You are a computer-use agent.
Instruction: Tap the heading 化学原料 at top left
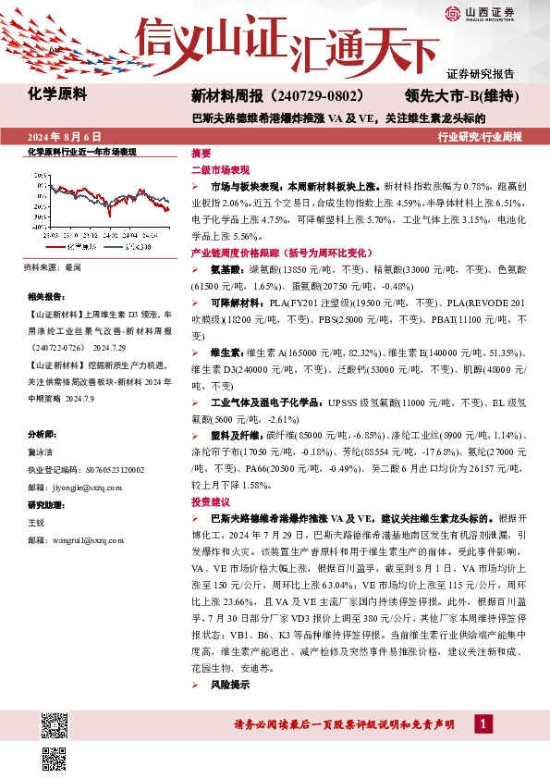click(55, 93)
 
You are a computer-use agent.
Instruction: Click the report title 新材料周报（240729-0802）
click(275, 95)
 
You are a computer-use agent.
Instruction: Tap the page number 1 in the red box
click(483, 723)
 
